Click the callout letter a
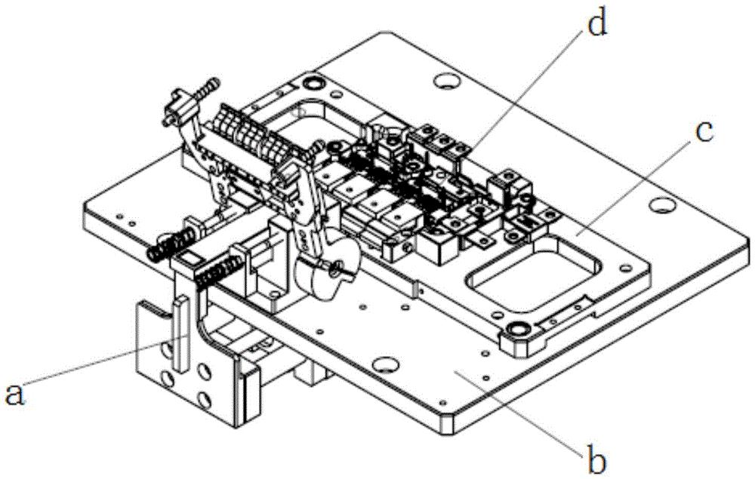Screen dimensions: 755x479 tap(14, 395)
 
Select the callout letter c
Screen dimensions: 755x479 tap(704, 132)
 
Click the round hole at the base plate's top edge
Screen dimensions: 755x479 tap(445, 80)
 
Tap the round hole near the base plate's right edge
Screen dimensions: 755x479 tap(662, 205)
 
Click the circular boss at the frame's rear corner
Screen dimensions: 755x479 tap(313, 84)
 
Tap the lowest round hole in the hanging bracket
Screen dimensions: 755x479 tap(204, 399)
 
